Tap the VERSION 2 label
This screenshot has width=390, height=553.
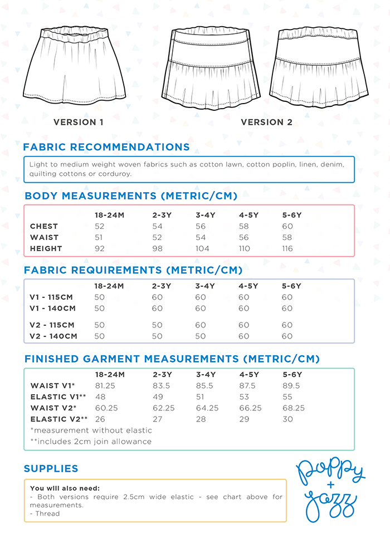[266, 123]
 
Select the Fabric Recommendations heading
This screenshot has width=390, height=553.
[106, 148]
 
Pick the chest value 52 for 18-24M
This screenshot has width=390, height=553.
[100, 227]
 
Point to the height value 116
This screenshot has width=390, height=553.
[287, 249]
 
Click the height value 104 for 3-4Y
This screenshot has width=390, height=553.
[202, 249]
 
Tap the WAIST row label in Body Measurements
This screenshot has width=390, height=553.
[44, 238]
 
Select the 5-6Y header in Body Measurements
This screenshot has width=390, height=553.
[292, 215]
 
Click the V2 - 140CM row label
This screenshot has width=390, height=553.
[53, 336]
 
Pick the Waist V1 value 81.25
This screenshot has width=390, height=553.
[105, 386]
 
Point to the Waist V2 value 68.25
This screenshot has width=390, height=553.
[294, 408]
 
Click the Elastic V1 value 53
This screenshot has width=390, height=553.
[244, 397]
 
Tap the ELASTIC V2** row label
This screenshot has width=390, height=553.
[59, 419]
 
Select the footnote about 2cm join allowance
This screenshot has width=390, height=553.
[91, 442]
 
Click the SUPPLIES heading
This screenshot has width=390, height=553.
[51, 469]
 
